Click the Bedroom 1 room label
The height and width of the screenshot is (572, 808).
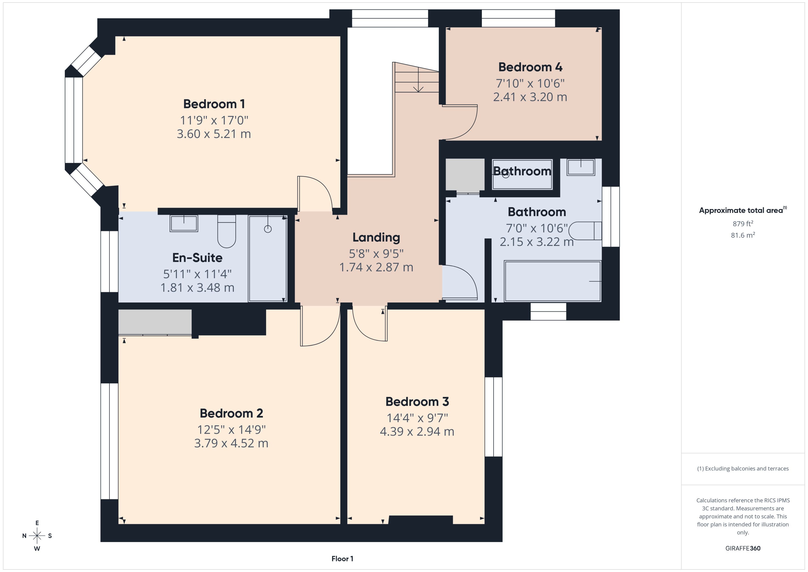pyautogui.click(x=214, y=104)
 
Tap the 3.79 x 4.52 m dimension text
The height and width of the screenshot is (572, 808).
pyautogui.click(x=231, y=443)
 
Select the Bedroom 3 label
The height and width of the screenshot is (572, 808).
pyautogui.click(x=417, y=402)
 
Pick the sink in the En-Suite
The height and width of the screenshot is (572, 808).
pyautogui.click(x=184, y=223)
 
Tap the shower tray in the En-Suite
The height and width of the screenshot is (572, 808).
pyautogui.click(x=268, y=259)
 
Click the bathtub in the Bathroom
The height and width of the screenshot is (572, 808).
pyautogui.click(x=552, y=281)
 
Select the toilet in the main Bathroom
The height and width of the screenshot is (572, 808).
pyautogui.click(x=585, y=231)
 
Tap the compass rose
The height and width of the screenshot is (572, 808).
pyautogui.click(x=37, y=536)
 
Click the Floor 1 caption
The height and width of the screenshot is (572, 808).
pyautogui.click(x=342, y=559)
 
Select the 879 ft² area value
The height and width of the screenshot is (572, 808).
pyautogui.click(x=742, y=224)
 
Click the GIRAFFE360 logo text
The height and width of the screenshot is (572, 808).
pyautogui.click(x=742, y=548)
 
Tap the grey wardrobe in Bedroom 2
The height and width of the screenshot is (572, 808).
pyautogui.click(x=155, y=322)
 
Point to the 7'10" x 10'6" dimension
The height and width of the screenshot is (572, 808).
pyautogui.click(x=530, y=83)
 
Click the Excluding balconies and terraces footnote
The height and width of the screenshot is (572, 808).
pyautogui.click(x=742, y=469)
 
